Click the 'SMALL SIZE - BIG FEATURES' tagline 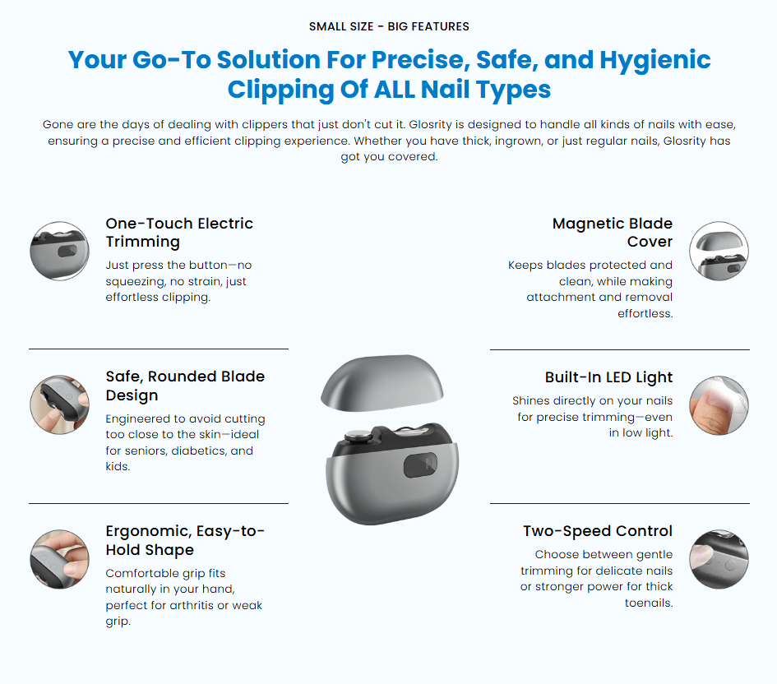389,26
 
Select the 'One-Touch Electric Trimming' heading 179,232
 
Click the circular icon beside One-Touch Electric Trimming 59,251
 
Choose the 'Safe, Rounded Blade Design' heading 185,386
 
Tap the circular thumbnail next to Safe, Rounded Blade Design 59,404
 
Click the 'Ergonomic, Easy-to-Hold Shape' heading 185,540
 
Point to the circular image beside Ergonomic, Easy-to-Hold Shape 59,559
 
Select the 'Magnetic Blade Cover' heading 613,232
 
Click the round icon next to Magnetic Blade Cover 719,251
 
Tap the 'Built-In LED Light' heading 608,377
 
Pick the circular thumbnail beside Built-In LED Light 719,404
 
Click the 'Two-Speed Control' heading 598,531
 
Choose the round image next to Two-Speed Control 719,559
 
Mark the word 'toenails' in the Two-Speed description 649,603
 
